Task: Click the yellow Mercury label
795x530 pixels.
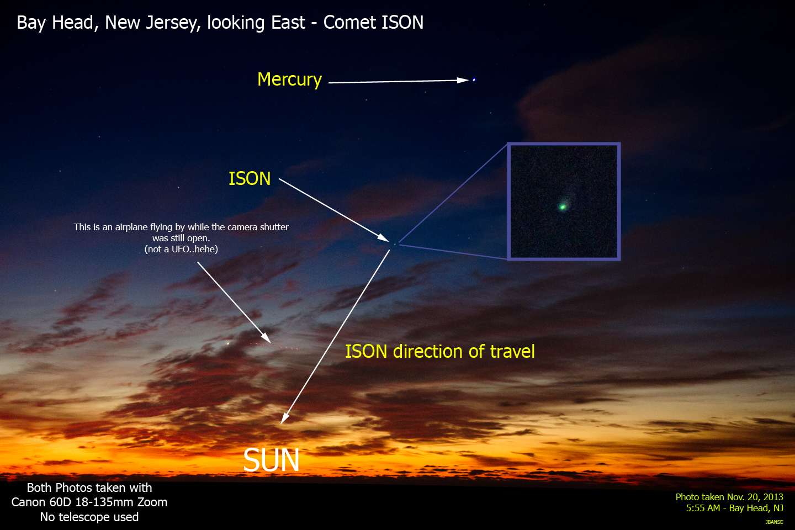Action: [x=289, y=79]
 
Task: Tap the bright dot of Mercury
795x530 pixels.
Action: [x=474, y=80]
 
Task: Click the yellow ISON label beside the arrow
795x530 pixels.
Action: [x=250, y=178]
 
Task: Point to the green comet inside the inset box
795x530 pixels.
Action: [x=563, y=206]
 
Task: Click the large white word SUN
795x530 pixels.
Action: [x=271, y=460]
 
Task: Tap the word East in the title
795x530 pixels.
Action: [x=288, y=23]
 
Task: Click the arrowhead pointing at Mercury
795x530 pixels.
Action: [x=463, y=80]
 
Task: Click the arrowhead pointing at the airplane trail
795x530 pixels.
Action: [x=266, y=337]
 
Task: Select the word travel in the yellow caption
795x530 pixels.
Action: [x=512, y=352]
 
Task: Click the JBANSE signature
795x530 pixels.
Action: [x=774, y=522]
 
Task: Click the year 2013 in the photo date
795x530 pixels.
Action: [x=772, y=497]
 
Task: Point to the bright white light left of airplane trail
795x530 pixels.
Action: [x=228, y=343]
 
